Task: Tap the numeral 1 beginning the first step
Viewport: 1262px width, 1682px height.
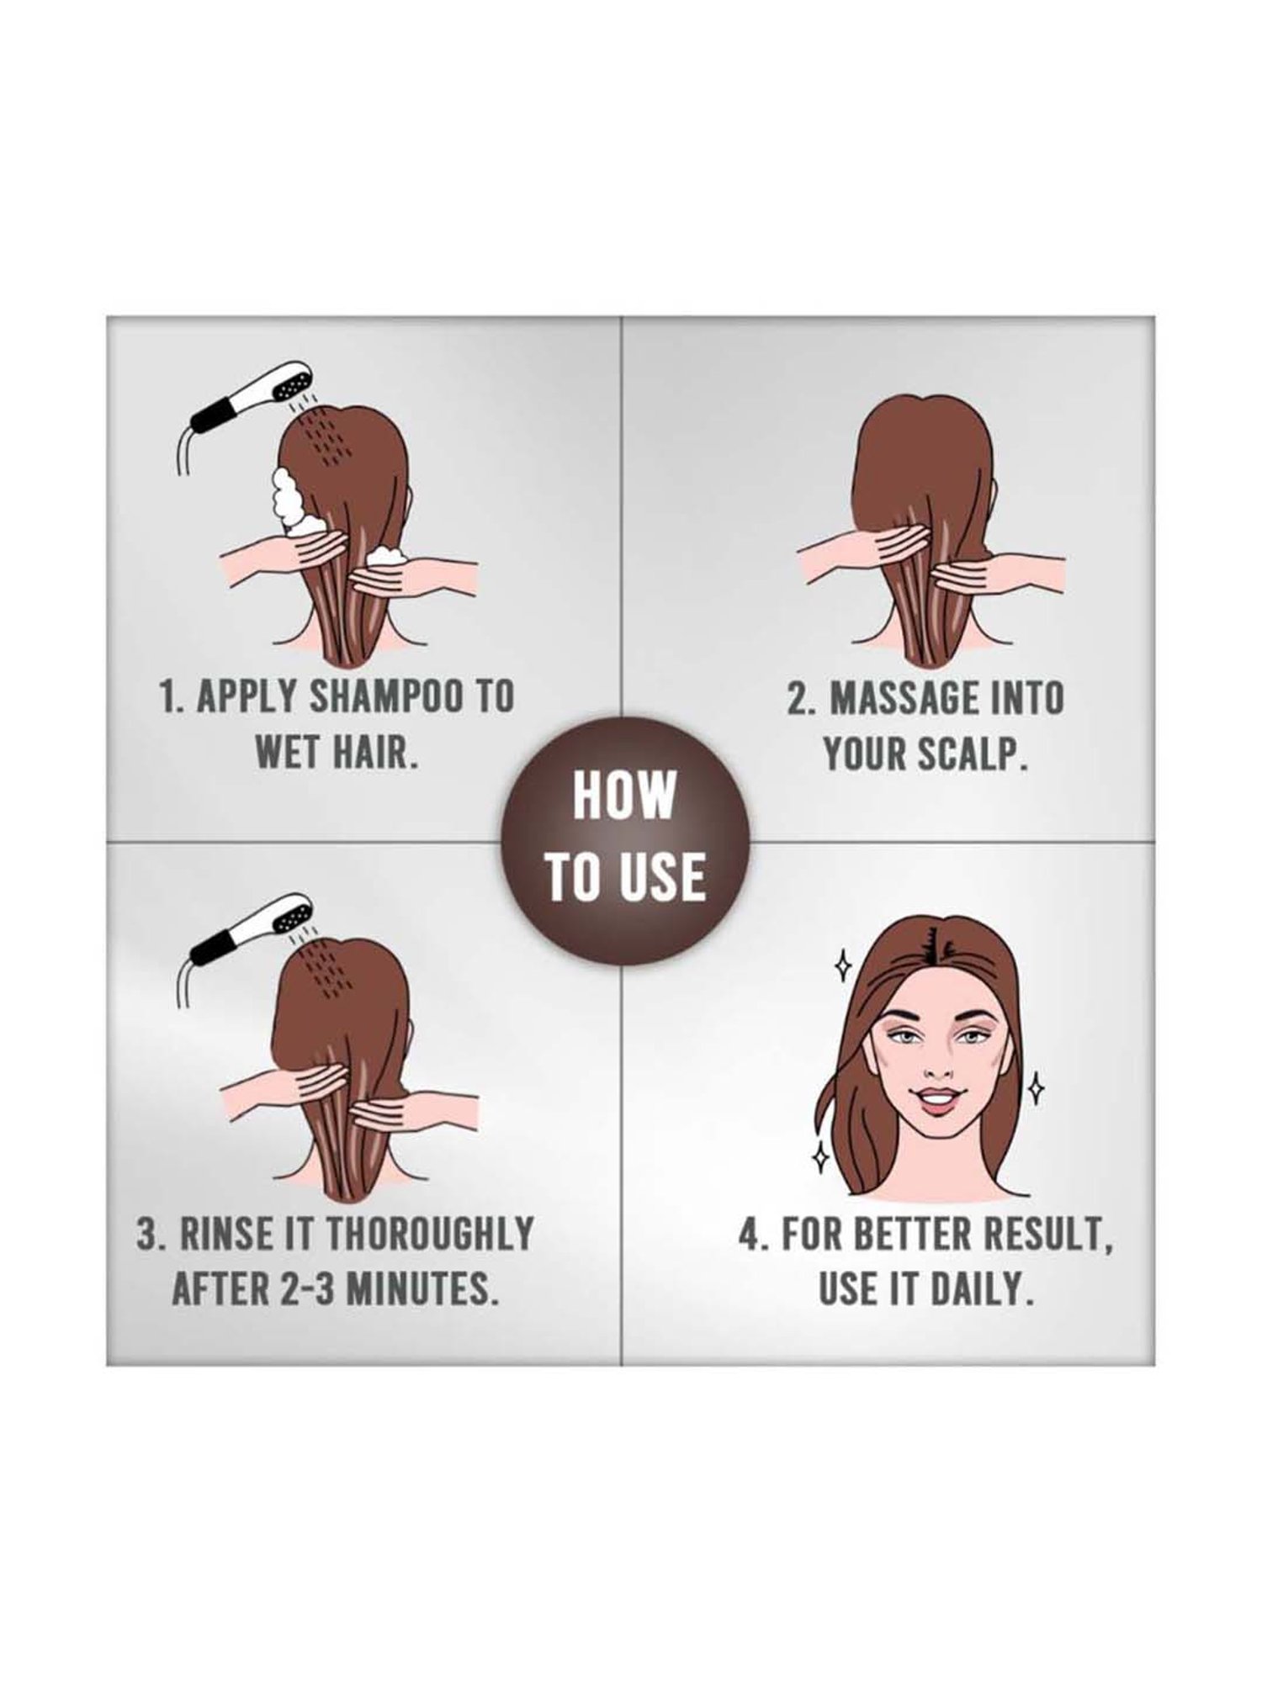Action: [x=167, y=698]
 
